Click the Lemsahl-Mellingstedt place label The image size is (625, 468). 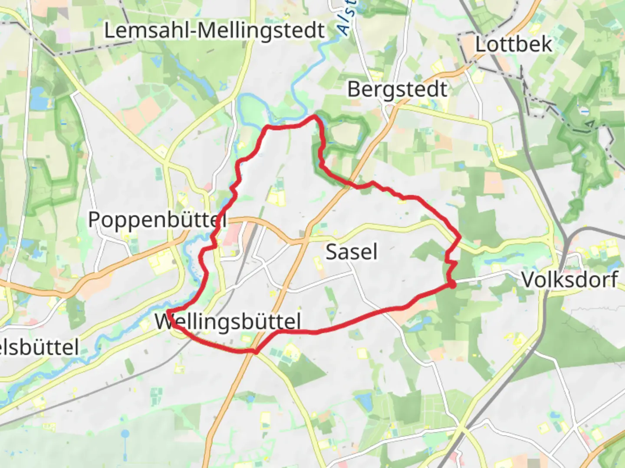(214, 31)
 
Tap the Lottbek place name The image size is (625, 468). (513, 44)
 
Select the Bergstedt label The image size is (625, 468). (397, 90)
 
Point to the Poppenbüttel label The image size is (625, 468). (157, 220)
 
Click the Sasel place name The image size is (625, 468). (351, 252)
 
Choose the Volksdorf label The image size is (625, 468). (569, 279)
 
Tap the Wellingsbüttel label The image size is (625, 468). (228, 322)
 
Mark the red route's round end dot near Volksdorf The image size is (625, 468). (452, 285)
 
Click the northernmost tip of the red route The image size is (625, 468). (316, 116)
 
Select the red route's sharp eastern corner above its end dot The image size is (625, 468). (460, 237)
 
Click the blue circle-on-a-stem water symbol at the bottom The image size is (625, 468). (125, 433)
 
